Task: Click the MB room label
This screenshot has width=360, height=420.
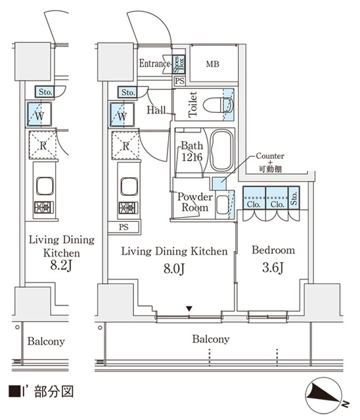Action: click(x=213, y=64)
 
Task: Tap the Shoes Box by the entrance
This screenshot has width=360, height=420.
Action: click(x=179, y=64)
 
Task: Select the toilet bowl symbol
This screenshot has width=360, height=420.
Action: click(x=217, y=105)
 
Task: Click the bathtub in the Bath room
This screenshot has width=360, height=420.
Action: click(x=221, y=150)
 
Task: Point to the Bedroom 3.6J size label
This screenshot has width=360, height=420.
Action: click(x=273, y=268)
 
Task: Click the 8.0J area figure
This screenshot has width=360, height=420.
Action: click(x=174, y=268)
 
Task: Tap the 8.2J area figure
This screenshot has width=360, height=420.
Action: click(x=61, y=266)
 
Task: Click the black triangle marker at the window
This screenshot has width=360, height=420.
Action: click(x=189, y=309)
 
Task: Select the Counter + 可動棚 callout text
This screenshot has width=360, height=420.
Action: click(x=270, y=162)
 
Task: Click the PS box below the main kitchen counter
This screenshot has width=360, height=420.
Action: click(x=124, y=227)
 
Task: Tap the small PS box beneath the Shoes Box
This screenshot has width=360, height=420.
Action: click(x=179, y=81)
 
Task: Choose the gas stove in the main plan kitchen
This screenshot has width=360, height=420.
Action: click(x=128, y=208)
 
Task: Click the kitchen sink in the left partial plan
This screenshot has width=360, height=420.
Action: click(x=45, y=186)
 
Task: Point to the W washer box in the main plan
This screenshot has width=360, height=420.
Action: click(x=122, y=115)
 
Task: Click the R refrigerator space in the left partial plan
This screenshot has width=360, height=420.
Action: click(x=43, y=145)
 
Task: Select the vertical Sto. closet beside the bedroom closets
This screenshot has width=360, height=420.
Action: click(x=294, y=198)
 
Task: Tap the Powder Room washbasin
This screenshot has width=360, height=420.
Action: click(x=222, y=205)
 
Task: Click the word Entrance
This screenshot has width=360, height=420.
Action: click(x=154, y=64)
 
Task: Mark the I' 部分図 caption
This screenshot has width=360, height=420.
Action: click(x=41, y=392)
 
